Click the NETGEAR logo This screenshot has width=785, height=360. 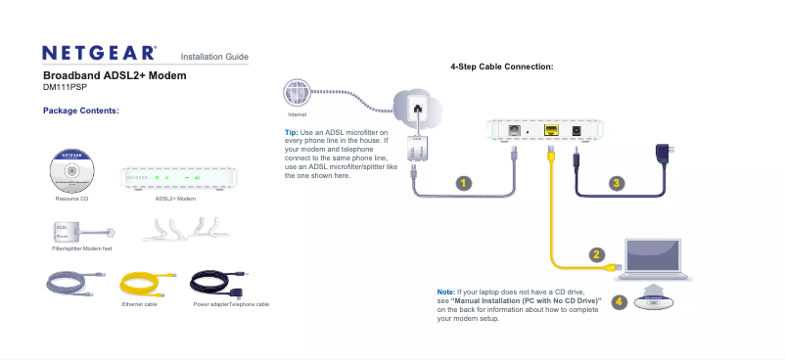point(99,52)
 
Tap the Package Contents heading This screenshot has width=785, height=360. point(81,111)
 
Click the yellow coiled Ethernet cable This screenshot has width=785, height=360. point(145,285)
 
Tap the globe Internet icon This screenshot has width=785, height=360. point(297,93)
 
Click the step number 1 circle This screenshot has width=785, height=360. point(463,183)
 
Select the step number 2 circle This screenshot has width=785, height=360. point(596,255)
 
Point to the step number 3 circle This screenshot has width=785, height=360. point(616,183)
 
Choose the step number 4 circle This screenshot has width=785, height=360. point(619,301)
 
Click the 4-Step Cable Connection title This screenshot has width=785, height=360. point(502,67)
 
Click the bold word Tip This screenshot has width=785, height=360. point(290,132)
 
